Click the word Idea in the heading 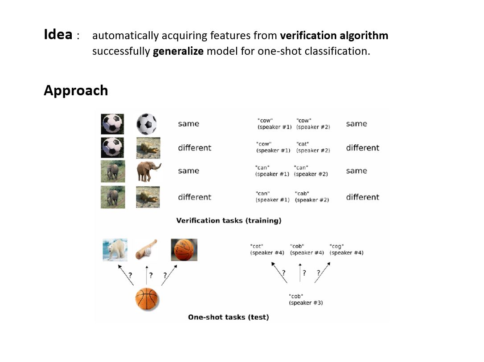coord(58,34)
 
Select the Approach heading coord(76,91)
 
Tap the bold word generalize coord(178,51)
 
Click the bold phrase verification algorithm coord(334,36)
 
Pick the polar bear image coord(115,249)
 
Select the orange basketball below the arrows coord(147,299)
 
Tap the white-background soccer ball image coord(147,124)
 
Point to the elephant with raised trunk coord(148,171)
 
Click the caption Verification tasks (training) coord(229,220)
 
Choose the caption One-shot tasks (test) coord(229,317)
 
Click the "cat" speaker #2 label coord(313,147)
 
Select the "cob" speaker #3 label coord(306,299)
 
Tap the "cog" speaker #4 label coord(346,249)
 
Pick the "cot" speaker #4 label coord(267,249)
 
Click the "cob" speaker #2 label coord(312,197)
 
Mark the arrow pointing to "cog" coord(322,272)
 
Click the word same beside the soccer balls coord(189,124)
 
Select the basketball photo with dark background coord(184,250)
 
